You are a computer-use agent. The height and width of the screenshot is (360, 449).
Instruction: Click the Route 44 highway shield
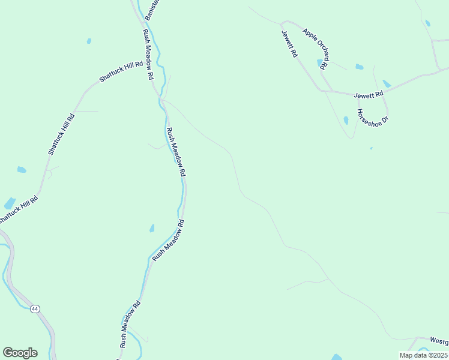[x=35, y=308]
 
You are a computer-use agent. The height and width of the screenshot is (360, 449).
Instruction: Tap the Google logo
[x=20, y=353]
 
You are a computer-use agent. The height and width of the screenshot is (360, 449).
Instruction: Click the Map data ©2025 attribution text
[x=423, y=355]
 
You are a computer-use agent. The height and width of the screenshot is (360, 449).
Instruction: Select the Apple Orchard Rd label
[x=317, y=48]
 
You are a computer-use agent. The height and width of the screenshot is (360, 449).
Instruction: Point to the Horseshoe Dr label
[x=373, y=116]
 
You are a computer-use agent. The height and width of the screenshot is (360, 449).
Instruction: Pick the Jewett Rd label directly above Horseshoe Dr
[x=368, y=95]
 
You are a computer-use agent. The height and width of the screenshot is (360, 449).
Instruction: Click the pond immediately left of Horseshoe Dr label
[x=346, y=120]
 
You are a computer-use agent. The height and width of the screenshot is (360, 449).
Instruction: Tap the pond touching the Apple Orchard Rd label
[x=319, y=62]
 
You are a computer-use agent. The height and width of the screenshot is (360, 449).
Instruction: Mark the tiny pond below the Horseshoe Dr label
[x=371, y=148]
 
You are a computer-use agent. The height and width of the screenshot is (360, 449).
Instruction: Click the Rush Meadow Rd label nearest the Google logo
[x=130, y=324]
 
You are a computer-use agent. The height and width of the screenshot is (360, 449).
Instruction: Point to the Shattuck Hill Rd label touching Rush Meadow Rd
[x=121, y=71]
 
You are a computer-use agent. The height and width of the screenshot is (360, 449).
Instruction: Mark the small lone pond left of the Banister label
[x=89, y=41]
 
